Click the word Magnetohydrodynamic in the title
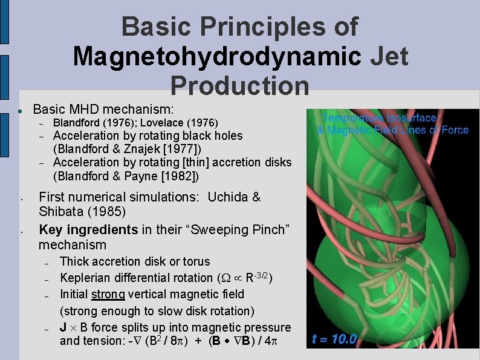(x=216, y=57)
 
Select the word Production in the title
(x=240, y=86)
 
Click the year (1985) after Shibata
(x=108, y=212)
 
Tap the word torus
(x=195, y=261)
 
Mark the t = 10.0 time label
(x=334, y=339)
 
